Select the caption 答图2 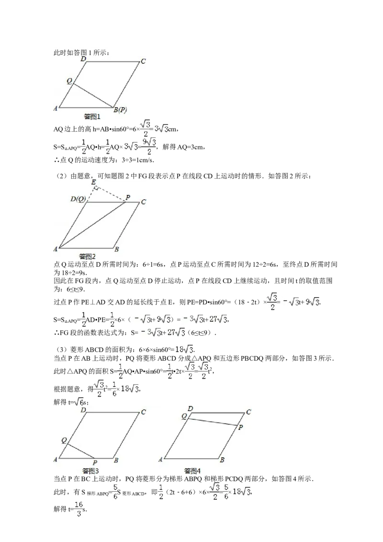[x=87, y=257]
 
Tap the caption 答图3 [x=90, y=471]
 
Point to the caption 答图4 [x=192, y=471]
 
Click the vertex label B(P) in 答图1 [x=120, y=110]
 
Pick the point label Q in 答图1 [x=69, y=81]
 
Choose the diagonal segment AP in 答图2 [x=91, y=225]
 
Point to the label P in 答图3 [x=95, y=463]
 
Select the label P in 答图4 [x=240, y=427]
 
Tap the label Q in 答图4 [x=184, y=417]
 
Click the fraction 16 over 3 [x=79, y=508]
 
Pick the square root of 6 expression [x=79, y=401]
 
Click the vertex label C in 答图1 [x=143, y=61]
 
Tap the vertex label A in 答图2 [x=56, y=249]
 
